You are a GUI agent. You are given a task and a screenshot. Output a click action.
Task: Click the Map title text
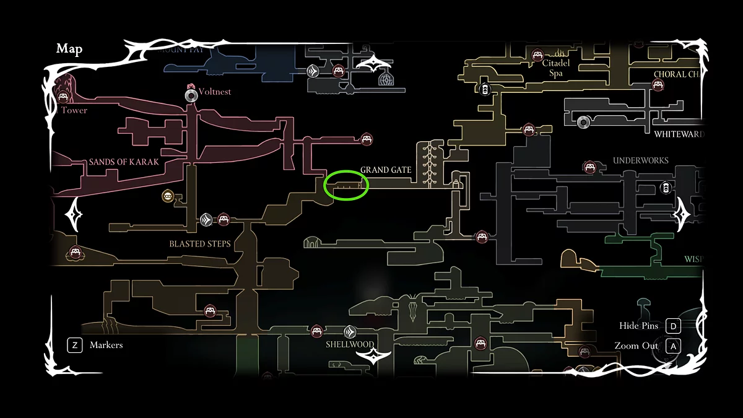click(69, 49)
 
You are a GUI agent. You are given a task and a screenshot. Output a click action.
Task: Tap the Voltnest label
click(214, 92)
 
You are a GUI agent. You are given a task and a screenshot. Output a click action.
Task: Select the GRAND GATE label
click(386, 170)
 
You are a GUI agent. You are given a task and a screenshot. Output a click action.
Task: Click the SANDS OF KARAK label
click(124, 162)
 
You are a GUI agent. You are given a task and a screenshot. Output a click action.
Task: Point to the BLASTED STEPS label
click(200, 244)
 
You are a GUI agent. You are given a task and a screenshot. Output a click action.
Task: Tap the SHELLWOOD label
click(350, 345)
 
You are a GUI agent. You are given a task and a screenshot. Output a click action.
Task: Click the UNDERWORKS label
click(641, 160)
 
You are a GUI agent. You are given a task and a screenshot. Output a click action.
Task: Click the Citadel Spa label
click(555, 68)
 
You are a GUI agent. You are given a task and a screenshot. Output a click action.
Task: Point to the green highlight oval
click(346, 185)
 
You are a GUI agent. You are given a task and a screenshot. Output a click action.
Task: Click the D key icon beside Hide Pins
click(673, 326)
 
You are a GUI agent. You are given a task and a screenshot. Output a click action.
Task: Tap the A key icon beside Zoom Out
click(673, 346)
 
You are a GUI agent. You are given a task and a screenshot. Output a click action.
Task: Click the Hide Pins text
click(638, 326)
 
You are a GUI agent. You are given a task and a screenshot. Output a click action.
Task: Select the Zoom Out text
click(637, 346)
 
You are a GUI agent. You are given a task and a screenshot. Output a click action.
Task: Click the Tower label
click(74, 111)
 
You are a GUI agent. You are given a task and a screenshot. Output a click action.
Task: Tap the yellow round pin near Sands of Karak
click(167, 197)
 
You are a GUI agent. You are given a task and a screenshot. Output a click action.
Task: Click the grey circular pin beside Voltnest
click(191, 95)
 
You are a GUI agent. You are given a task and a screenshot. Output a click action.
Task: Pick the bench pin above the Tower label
click(63, 97)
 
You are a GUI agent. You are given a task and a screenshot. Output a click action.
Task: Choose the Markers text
click(106, 345)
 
